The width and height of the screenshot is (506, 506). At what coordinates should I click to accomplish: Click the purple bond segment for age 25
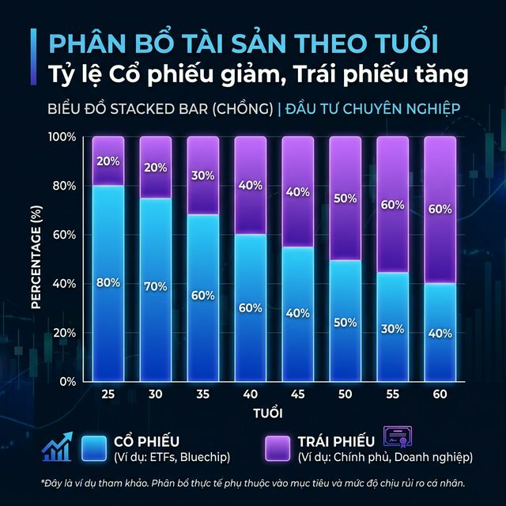pos(108,161)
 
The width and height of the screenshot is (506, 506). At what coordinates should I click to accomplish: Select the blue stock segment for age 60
pos(440,332)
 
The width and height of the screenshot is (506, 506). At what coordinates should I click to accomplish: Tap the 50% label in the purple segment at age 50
pos(345,198)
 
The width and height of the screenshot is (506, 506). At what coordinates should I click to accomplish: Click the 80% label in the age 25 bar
pos(108,283)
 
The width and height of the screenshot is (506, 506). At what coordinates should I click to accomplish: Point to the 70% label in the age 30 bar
pos(155,288)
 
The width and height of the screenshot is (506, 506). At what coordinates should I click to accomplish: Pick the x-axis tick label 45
pos(298,394)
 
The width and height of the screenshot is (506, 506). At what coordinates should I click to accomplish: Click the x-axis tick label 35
pos(203,394)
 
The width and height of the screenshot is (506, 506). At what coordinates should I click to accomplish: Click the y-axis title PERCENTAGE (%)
pos(36,258)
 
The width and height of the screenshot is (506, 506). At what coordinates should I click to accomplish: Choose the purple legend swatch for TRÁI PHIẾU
pos(278,447)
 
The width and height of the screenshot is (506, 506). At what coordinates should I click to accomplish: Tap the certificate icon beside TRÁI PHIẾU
pos(398,437)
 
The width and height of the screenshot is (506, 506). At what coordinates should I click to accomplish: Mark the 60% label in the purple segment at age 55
pos(392,205)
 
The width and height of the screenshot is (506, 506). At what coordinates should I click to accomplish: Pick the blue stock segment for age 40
pos(250,308)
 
